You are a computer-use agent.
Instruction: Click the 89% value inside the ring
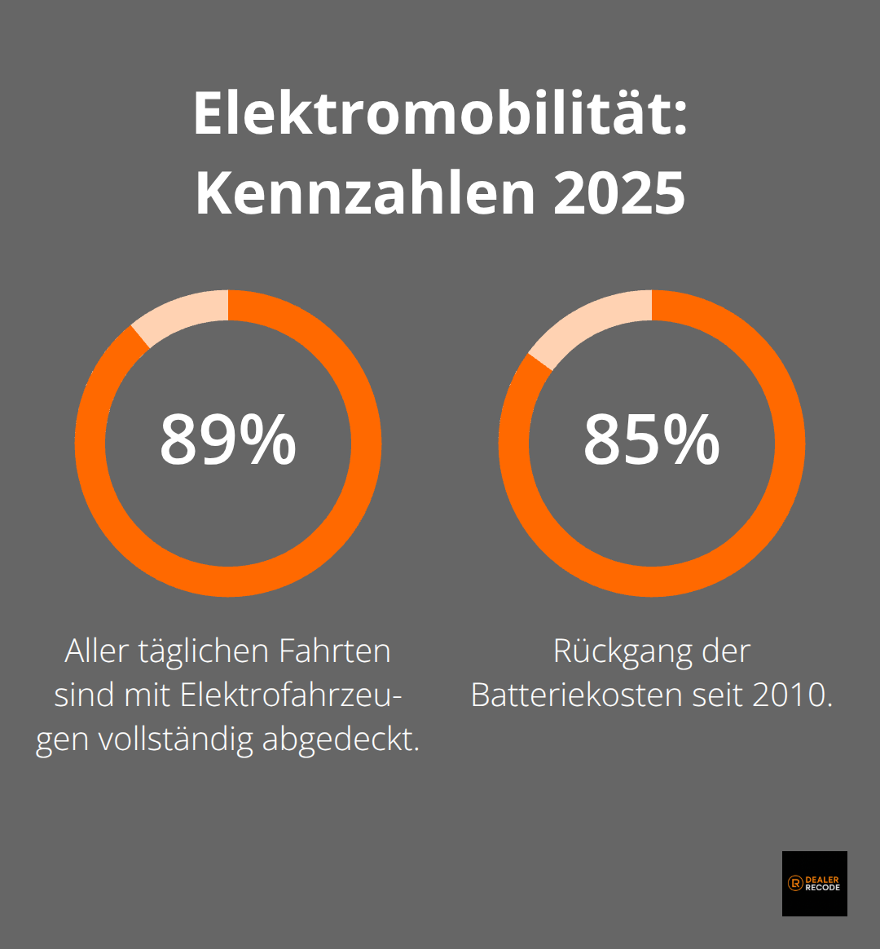point(227,440)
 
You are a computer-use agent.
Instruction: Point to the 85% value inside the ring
point(651,440)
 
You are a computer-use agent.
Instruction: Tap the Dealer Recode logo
point(814,883)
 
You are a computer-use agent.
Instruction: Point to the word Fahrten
point(335,651)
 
